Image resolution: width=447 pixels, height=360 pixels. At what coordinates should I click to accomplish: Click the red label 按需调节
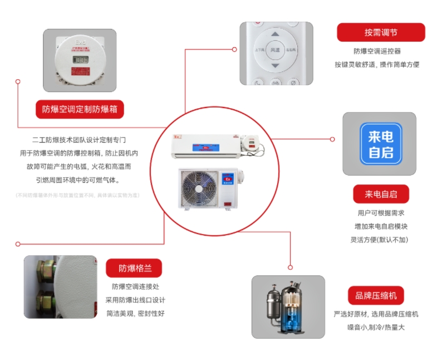tap(381, 32)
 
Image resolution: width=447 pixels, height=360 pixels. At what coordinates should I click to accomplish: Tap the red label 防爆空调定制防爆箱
tap(80, 109)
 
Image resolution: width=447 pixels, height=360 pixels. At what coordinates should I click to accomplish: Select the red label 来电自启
tap(381, 194)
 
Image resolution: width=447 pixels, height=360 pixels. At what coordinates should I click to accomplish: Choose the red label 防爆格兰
tap(134, 269)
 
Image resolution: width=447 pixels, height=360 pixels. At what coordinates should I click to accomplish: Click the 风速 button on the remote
tap(275, 50)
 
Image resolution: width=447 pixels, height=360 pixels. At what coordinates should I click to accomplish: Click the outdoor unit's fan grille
tap(199, 188)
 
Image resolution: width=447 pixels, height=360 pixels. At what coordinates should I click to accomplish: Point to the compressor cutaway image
tap(288, 307)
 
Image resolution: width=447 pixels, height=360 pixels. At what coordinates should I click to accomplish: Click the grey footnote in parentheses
tap(77, 195)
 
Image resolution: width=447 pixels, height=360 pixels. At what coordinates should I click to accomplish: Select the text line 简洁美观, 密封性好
tap(135, 313)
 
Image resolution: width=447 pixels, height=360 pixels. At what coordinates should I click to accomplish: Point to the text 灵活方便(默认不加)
tap(381, 240)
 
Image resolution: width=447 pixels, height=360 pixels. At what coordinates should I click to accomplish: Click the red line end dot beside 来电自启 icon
tap(332, 139)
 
